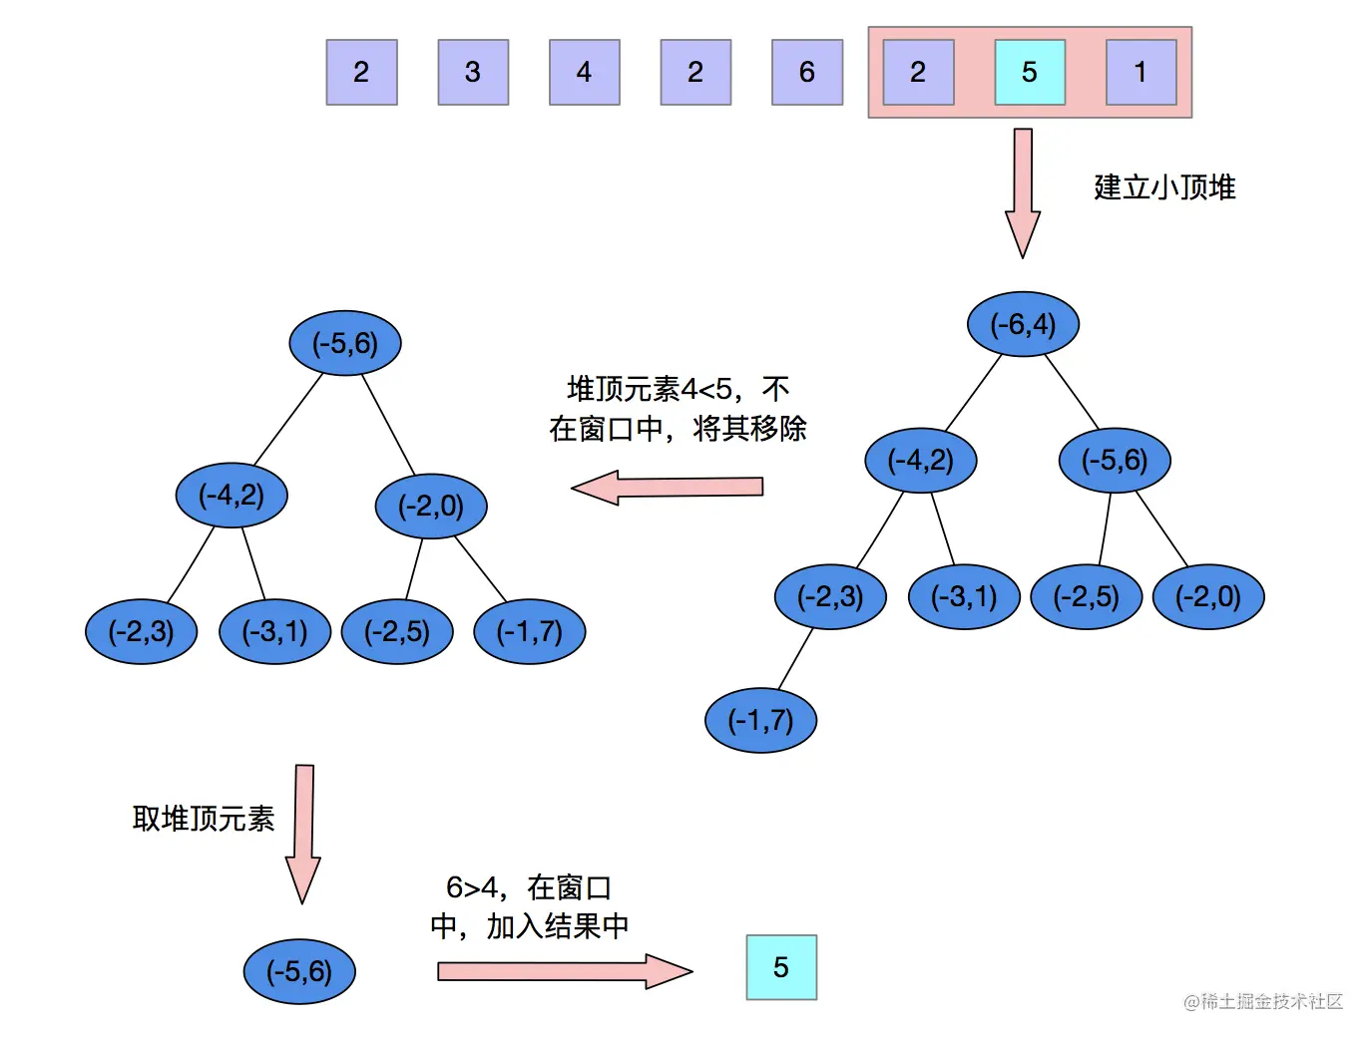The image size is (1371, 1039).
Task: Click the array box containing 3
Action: (473, 73)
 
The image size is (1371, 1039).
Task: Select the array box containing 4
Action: (585, 73)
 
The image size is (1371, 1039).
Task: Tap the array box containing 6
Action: (807, 73)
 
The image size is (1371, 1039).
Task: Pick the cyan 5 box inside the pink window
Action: (1030, 73)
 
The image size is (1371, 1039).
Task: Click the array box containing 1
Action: (1141, 73)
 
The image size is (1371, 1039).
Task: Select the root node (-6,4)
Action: (1023, 324)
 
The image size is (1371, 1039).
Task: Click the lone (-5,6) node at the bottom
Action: (299, 971)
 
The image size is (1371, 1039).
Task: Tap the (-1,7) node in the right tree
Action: (760, 720)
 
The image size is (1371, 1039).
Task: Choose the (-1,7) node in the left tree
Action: (529, 631)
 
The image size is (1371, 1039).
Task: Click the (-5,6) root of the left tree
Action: (345, 343)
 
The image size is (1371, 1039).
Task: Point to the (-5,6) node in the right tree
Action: (1115, 460)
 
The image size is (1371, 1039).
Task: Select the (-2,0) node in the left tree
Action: (431, 506)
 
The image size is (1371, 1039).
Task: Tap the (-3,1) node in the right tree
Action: (964, 596)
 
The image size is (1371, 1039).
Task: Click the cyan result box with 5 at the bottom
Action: (781, 967)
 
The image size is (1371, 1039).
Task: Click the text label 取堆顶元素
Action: (204, 819)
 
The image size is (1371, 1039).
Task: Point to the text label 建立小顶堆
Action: (1164, 187)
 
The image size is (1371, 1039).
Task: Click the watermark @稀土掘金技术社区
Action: (1263, 1001)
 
